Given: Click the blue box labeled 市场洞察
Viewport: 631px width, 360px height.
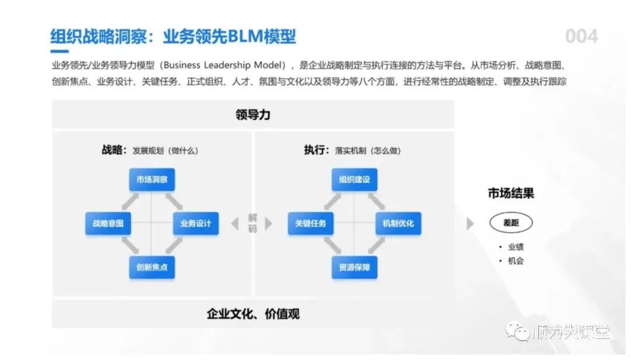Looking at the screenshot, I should pos(152,180).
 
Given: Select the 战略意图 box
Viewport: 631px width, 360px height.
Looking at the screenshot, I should pos(108,223).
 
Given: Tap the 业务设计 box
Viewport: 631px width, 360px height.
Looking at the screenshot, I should pos(196,223).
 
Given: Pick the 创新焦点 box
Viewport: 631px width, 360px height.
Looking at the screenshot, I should pos(152,267).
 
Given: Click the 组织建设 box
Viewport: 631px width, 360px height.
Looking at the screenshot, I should pos(355,180).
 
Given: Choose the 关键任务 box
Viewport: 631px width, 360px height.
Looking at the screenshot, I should pos(311,223).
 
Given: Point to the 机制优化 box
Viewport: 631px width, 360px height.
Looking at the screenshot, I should pos(398,223).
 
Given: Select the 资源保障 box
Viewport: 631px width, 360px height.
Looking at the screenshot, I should pos(355,267).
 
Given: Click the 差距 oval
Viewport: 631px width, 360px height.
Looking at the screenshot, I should pos(511,223).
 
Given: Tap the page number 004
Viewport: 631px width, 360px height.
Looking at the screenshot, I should pos(581,37).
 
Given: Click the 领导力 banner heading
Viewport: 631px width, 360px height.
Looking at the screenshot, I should pos(253,115).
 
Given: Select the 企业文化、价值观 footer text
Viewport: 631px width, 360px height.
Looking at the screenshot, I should pos(253,314).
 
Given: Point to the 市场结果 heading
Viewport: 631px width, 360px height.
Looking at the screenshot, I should pos(511,193).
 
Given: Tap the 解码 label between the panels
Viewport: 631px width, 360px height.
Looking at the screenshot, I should pos(252,223).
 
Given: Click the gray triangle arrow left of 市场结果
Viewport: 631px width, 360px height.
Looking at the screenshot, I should pos(470,223).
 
